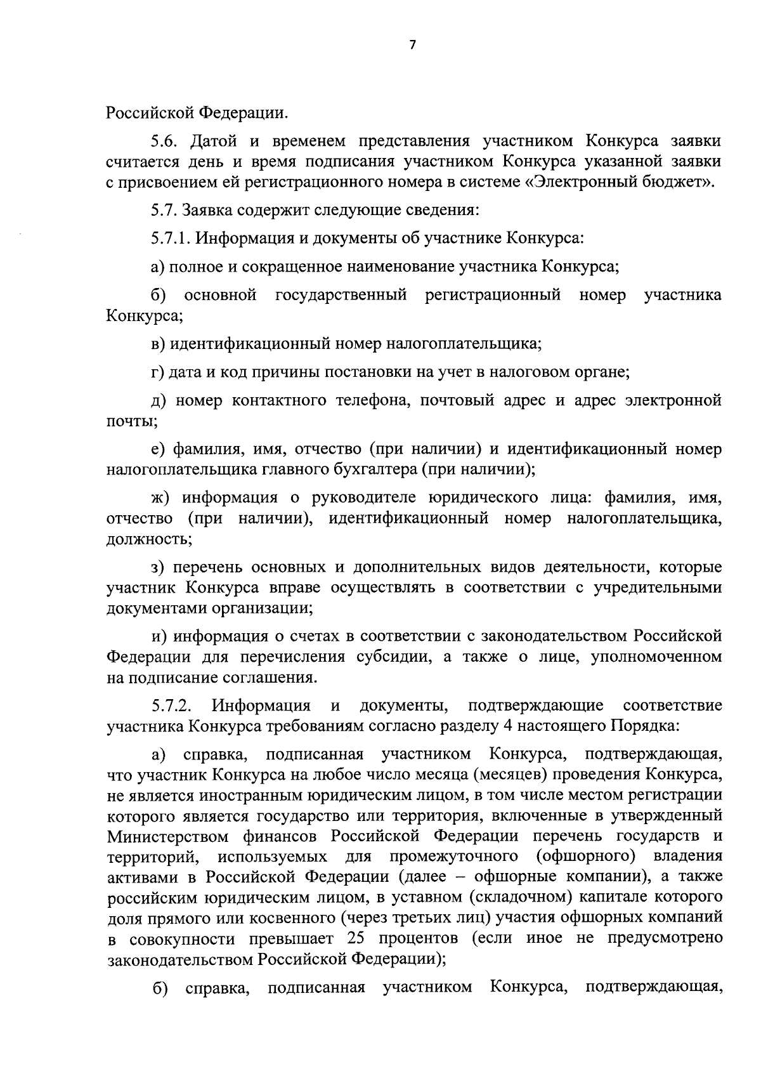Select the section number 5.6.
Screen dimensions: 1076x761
[166, 140]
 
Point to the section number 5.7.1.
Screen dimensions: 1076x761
[171, 239]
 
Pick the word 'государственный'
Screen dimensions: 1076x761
[341, 295]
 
